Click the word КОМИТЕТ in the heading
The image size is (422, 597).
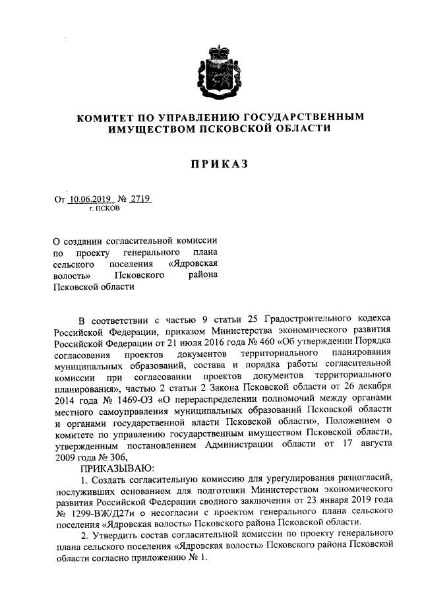[x=105, y=117]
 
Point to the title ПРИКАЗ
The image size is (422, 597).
[x=210, y=164]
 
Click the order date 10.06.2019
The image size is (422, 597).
[x=90, y=198]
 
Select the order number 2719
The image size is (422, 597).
[x=140, y=198]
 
